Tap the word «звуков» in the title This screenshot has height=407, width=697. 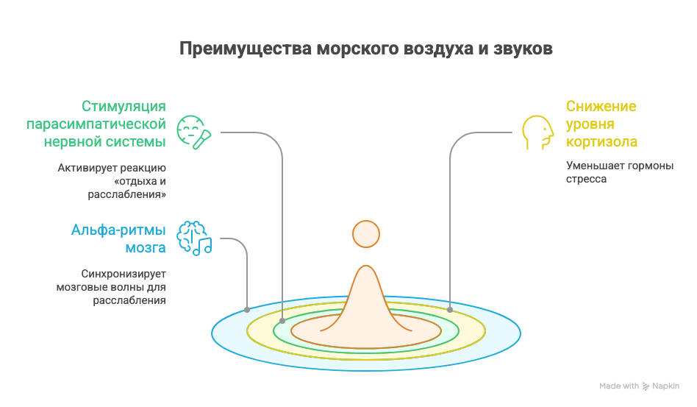(523, 49)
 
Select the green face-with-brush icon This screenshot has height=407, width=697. (194, 132)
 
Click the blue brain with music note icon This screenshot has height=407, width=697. (194, 238)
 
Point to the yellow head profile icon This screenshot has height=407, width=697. (538, 132)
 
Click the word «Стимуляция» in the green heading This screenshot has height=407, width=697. (124, 106)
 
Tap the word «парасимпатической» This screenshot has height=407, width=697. (96, 124)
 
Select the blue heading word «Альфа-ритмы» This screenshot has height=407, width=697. (118, 230)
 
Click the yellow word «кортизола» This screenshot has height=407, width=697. (601, 142)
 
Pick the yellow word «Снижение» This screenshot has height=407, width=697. (601, 106)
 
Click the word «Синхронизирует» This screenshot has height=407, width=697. (124, 274)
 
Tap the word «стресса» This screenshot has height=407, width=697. (586, 180)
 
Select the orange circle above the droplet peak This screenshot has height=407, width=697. (366, 234)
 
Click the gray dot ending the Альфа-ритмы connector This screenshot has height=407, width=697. (247, 310)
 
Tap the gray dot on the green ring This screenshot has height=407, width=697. (282, 321)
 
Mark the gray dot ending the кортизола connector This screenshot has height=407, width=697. (450, 310)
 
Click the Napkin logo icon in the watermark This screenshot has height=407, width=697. (646, 386)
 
